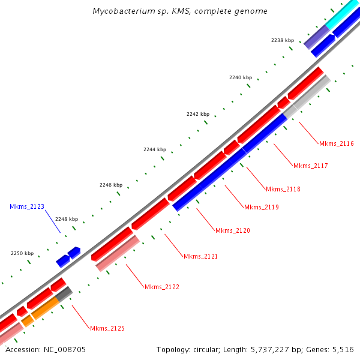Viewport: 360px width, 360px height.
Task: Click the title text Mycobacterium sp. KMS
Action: [x=180, y=11]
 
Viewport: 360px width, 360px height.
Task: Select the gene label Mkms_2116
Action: [x=336, y=143]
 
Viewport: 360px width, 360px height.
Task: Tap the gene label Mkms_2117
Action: [x=310, y=166]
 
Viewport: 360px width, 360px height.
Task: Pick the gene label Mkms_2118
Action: [x=283, y=189]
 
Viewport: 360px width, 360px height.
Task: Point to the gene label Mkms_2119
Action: [x=261, y=207]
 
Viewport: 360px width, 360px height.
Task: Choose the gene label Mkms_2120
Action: [x=233, y=230]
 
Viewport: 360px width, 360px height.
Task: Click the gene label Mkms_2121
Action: [x=200, y=256]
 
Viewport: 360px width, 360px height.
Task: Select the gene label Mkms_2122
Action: [x=162, y=287]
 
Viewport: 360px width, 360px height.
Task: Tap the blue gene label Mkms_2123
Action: [x=27, y=206]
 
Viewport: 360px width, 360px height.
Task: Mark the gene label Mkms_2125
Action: [x=107, y=328]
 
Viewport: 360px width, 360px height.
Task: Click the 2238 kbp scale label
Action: [x=282, y=40]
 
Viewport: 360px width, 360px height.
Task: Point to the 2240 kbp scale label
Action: [x=240, y=77]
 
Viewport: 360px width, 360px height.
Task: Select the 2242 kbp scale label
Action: [x=197, y=114]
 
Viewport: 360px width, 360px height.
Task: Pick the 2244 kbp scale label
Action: [x=154, y=149]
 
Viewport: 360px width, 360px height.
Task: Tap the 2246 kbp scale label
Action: [x=111, y=185]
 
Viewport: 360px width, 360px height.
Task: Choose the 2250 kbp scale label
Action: [x=22, y=254]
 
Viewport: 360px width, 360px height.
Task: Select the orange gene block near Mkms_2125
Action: [x=43, y=310]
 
